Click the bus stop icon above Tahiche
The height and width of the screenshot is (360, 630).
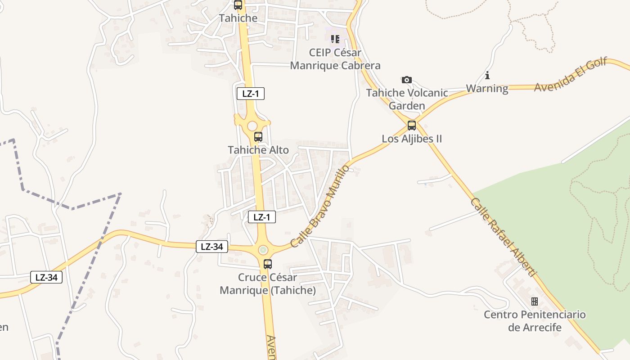click(x=238, y=5)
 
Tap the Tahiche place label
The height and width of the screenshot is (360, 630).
click(x=238, y=18)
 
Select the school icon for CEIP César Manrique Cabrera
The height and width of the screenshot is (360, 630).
click(x=335, y=39)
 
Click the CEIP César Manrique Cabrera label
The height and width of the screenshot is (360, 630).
click(x=335, y=59)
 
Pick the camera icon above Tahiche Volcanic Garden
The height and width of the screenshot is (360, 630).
click(x=407, y=80)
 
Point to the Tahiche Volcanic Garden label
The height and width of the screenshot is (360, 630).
click(x=407, y=99)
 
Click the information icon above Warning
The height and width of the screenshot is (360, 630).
click(x=487, y=75)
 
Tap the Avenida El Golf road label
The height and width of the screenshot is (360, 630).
click(x=571, y=75)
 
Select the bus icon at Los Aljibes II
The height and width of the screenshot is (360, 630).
click(x=412, y=126)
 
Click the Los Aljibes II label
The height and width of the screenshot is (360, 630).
click(x=412, y=139)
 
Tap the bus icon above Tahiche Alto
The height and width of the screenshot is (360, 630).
click(x=258, y=137)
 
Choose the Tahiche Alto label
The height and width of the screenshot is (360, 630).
click(x=258, y=150)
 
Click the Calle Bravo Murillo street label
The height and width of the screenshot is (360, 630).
click(x=320, y=206)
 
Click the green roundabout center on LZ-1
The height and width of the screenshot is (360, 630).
click(x=263, y=250)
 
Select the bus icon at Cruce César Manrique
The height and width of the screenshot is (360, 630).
click(x=268, y=264)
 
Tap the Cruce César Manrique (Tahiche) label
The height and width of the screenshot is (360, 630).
click(x=268, y=284)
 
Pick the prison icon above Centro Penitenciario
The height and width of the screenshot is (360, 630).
click(x=535, y=301)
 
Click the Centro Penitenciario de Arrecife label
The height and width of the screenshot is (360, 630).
click(x=535, y=321)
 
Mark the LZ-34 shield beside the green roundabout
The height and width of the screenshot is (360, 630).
click(x=212, y=247)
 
